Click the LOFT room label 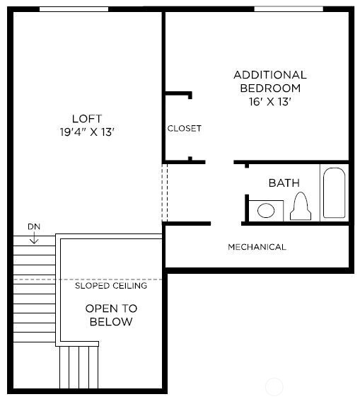[x=86, y=118]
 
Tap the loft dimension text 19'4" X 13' [x=86, y=132]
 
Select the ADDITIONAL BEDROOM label [x=270, y=81]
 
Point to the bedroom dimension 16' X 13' [x=270, y=102]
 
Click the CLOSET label [x=184, y=128]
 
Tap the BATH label [x=284, y=183]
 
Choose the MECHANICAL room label [x=257, y=247]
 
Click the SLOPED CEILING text [x=111, y=286]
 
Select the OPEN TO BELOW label [x=111, y=315]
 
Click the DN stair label [x=34, y=226]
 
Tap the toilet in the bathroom [x=301, y=206]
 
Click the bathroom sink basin [x=266, y=210]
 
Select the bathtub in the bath [x=334, y=192]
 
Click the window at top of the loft [x=74, y=9]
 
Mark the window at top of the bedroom [x=288, y=9]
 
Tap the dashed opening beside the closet [x=166, y=192]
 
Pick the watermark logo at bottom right [x=274, y=387]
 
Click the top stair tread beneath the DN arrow [x=34, y=249]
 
